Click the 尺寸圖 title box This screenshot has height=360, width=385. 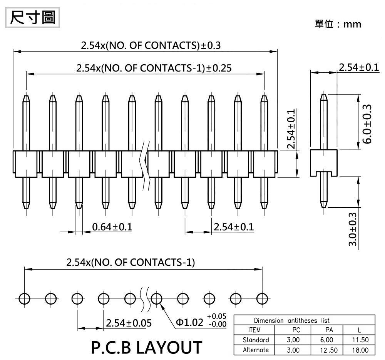[x=32, y=18]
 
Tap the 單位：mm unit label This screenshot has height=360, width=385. [x=338, y=24]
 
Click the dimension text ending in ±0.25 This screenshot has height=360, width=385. [x=154, y=68]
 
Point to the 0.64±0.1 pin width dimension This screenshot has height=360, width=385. [x=112, y=227]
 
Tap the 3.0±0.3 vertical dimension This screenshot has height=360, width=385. [x=352, y=230]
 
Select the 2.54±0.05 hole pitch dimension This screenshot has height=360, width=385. [x=129, y=323]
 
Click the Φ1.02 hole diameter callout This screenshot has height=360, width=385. [x=189, y=322]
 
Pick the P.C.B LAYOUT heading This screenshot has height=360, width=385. [x=146, y=347]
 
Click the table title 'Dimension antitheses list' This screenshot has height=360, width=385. [x=291, y=320]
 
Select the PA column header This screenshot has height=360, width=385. [x=329, y=330]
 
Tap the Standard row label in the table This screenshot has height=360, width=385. [x=256, y=340]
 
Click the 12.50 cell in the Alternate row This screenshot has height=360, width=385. [x=329, y=350]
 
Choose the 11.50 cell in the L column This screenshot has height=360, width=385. [x=360, y=340]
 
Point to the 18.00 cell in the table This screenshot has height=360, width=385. [x=360, y=350]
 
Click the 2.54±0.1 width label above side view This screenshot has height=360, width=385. [x=358, y=67]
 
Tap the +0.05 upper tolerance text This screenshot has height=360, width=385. [x=217, y=316]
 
